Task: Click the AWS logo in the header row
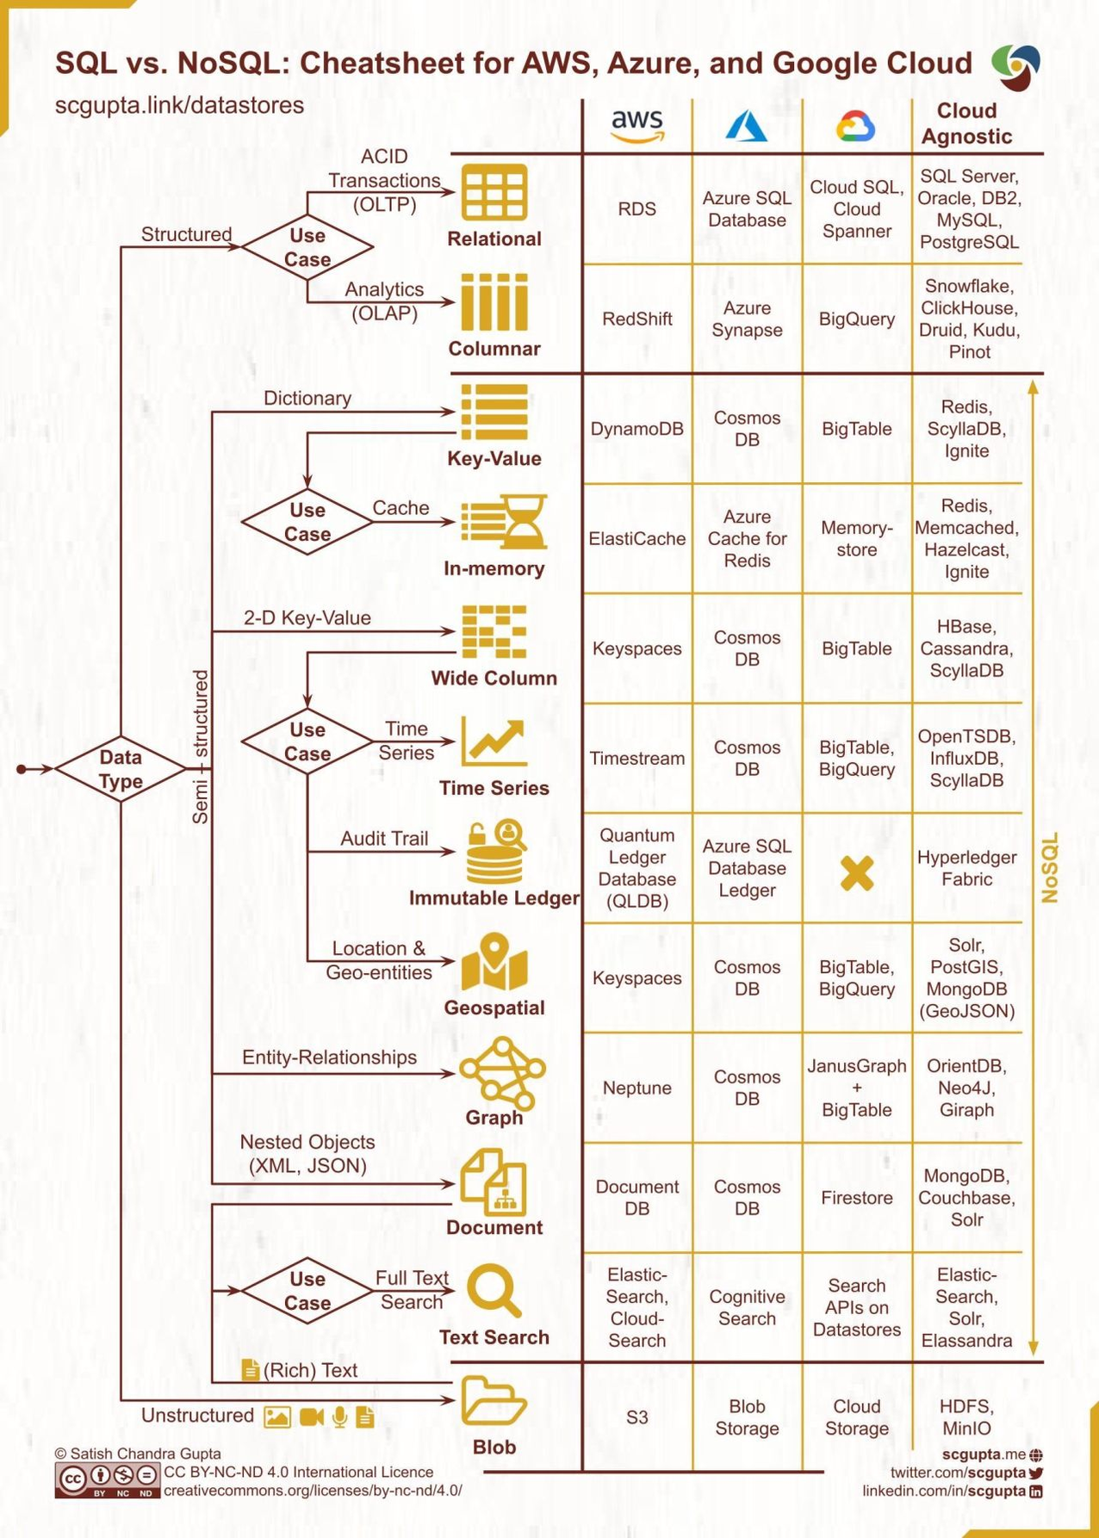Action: coord(637,126)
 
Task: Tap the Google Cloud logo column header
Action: coord(855,127)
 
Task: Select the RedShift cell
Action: coord(636,319)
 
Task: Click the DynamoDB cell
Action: coord(636,429)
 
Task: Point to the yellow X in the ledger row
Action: coord(857,873)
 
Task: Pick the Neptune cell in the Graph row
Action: coord(636,1088)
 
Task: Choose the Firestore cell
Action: coord(856,1197)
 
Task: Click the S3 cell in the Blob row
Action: coord(636,1417)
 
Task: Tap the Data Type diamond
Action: coord(121,769)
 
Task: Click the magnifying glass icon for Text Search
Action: coord(494,1290)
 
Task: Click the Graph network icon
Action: coord(502,1071)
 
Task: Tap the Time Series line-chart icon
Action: coord(494,741)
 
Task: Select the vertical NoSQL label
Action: coord(1049,867)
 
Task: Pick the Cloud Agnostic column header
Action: coord(966,124)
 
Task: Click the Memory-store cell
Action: coord(856,538)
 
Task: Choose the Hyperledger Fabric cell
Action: coord(966,868)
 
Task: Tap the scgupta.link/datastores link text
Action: coord(179,105)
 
